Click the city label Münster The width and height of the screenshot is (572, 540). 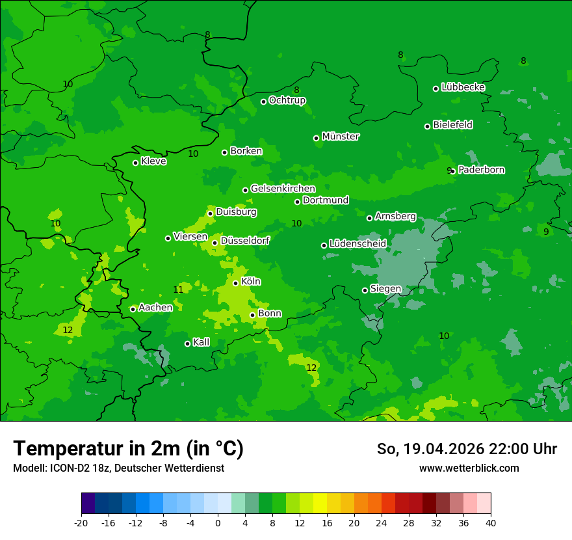pyautogui.click(x=341, y=137)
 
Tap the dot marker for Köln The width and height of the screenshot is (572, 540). pyautogui.click(x=235, y=283)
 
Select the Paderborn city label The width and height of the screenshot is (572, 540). pyautogui.click(x=481, y=170)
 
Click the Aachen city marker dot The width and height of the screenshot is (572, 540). pyautogui.click(x=133, y=309)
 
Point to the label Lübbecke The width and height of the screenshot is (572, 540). pyautogui.click(x=463, y=87)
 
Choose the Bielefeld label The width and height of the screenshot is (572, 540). pyautogui.click(x=452, y=124)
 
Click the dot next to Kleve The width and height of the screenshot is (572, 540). pyautogui.click(x=135, y=163)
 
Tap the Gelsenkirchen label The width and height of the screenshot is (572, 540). pyautogui.click(x=283, y=189)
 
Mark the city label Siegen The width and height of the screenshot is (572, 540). pyautogui.click(x=385, y=289)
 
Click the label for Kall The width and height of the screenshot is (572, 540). pyautogui.click(x=201, y=342)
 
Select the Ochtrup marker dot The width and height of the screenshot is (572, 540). pyautogui.click(x=263, y=101)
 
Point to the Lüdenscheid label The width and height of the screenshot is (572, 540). pyautogui.click(x=357, y=244)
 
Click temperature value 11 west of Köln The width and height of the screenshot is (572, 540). pyautogui.click(x=178, y=290)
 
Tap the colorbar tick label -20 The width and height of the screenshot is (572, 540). pyautogui.click(x=81, y=522)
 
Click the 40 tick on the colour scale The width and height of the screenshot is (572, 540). pyautogui.click(x=491, y=522)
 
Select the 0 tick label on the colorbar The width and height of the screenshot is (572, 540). pyautogui.click(x=218, y=522)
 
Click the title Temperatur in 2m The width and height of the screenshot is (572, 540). pyautogui.click(x=128, y=448)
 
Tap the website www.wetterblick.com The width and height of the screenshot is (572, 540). pyautogui.click(x=469, y=468)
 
